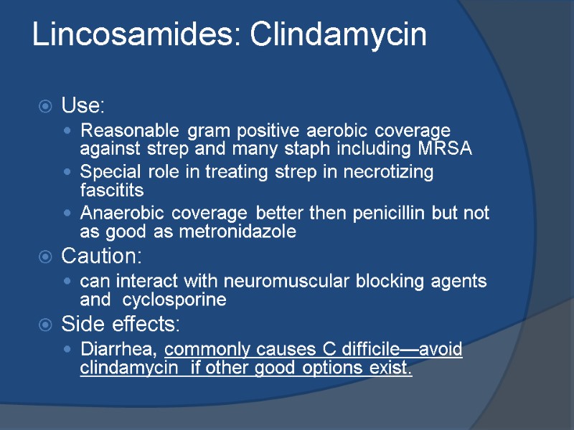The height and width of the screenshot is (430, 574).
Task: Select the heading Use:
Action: tap(83, 107)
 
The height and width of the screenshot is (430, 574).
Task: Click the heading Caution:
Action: tap(103, 256)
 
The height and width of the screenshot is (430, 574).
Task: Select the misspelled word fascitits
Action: tap(112, 191)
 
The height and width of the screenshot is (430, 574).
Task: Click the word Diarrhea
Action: tap(119, 350)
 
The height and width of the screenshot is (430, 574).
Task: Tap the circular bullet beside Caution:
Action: tap(44, 257)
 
